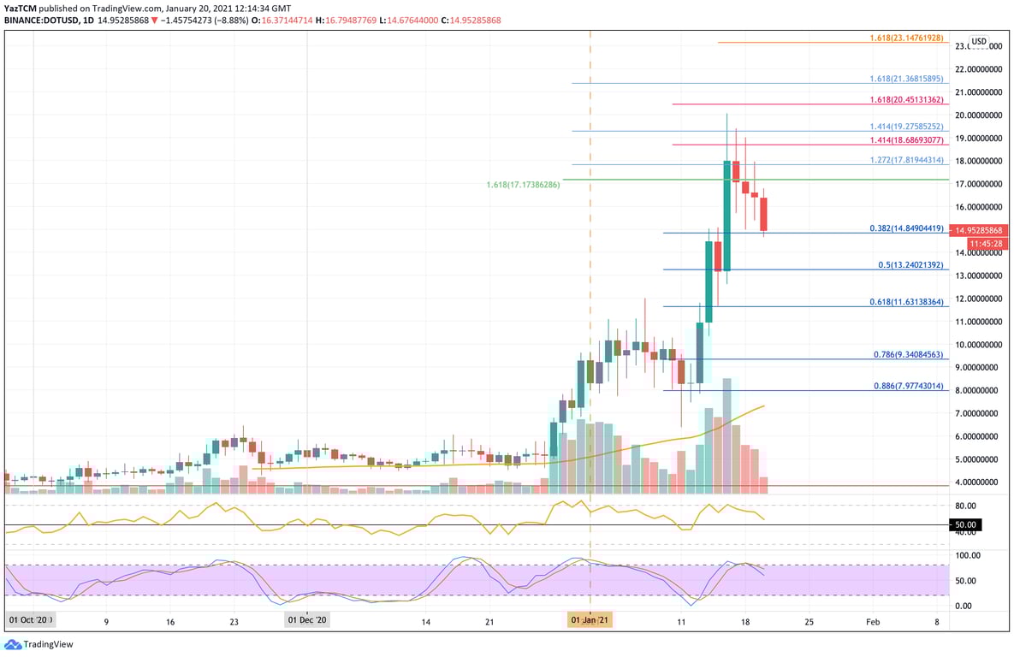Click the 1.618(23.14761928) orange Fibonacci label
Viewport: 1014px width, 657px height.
pyautogui.click(x=906, y=38)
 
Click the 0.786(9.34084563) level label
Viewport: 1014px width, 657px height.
pyautogui.click(x=909, y=354)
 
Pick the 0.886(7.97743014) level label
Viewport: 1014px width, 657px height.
pyautogui.click(x=909, y=387)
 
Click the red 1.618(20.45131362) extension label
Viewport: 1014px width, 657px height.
pyautogui.click(x=906, y=100)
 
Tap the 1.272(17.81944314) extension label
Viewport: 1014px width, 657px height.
pyautogui.click(x=906, y=160)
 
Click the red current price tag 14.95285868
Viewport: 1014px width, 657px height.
pyautogui.click(x=980, y=231)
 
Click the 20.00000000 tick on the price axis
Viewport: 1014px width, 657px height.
pyautogui.click(x=978, y=115)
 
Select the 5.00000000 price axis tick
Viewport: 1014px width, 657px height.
pyautogui.click(x=978, y=459)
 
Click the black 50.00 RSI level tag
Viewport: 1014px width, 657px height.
pyautogui.click(x=965, y=524)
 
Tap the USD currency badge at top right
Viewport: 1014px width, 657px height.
pyautogui.click(x=978, y=41)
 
